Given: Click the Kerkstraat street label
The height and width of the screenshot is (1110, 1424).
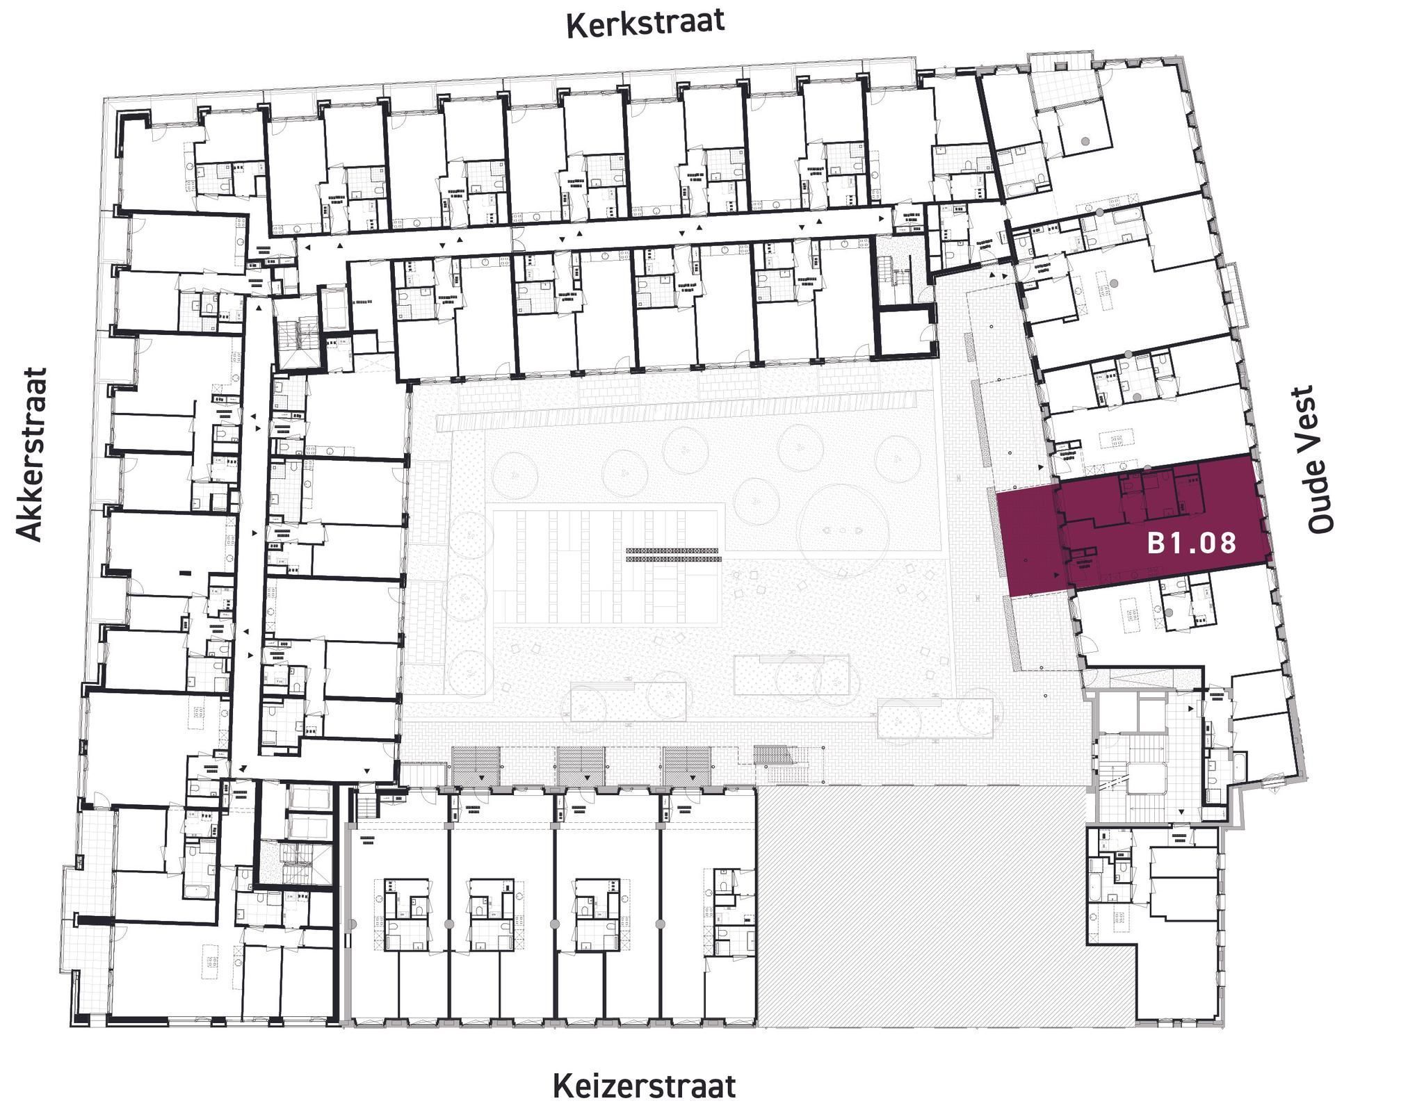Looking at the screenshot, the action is pos(645,23).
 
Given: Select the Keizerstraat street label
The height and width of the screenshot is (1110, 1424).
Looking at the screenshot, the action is pos(644,1086).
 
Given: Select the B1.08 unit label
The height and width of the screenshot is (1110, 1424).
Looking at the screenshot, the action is pos(1192,543).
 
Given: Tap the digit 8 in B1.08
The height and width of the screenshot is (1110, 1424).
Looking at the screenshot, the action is pos(1228,543).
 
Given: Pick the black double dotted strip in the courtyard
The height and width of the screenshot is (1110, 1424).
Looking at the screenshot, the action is pos(672,555).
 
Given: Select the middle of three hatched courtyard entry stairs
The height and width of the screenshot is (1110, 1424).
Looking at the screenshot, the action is pos(581,767).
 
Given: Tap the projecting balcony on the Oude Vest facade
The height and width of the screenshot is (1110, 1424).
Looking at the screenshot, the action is pos(1229,295).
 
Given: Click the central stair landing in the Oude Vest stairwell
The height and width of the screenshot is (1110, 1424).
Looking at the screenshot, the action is pos(1147,778).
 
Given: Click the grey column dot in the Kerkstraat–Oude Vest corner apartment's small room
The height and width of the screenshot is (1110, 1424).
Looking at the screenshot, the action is pos(1085,141).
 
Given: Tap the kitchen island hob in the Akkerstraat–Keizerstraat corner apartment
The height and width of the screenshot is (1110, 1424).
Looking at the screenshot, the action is pos(210,961).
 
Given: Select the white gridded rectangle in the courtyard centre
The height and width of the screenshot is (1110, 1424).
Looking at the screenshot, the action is pos(605,566).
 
